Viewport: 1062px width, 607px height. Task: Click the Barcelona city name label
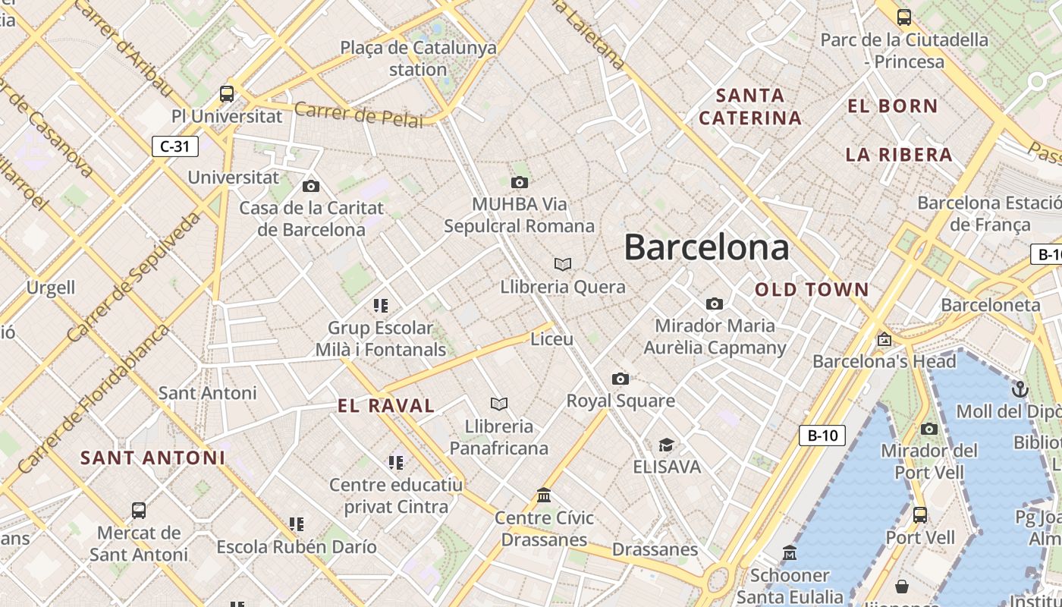(x=706, y=247)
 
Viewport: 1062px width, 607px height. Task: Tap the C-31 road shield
(x=175, y=146)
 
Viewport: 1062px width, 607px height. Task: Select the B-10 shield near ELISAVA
(x=822, y=436)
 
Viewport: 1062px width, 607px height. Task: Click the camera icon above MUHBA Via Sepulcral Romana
(x=520, y=182)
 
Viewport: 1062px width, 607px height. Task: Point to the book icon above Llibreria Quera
(x=563, y=264)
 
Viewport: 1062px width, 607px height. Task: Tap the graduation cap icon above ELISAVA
(x=666, y=445)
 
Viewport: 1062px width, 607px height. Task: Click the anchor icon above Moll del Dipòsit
(x=1020, y=390)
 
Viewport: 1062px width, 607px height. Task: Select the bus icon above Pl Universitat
(x=227, y=94)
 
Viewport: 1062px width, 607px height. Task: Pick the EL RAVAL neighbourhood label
(x=386, y=406)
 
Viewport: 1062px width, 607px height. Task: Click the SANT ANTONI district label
(x=152, y=458)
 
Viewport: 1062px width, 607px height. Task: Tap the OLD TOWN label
(x=812, y=289)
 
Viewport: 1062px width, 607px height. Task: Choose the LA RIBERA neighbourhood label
(x=899, y=155)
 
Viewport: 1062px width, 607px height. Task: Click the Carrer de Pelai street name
(x=359, y=115)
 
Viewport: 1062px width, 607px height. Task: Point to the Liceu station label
(x=552, y=338)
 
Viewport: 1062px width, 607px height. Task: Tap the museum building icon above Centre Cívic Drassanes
(x=544, y=495)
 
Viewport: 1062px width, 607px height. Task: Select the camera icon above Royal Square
(x=621, y=379)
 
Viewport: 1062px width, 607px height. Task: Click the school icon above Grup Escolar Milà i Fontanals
(x=381, y=306)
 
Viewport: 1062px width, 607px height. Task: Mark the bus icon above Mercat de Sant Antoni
(x=139, y=511)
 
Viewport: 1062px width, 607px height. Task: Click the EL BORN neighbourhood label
(x=893, y=106)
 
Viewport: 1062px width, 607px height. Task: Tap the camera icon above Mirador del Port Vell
(x=929, y=429)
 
